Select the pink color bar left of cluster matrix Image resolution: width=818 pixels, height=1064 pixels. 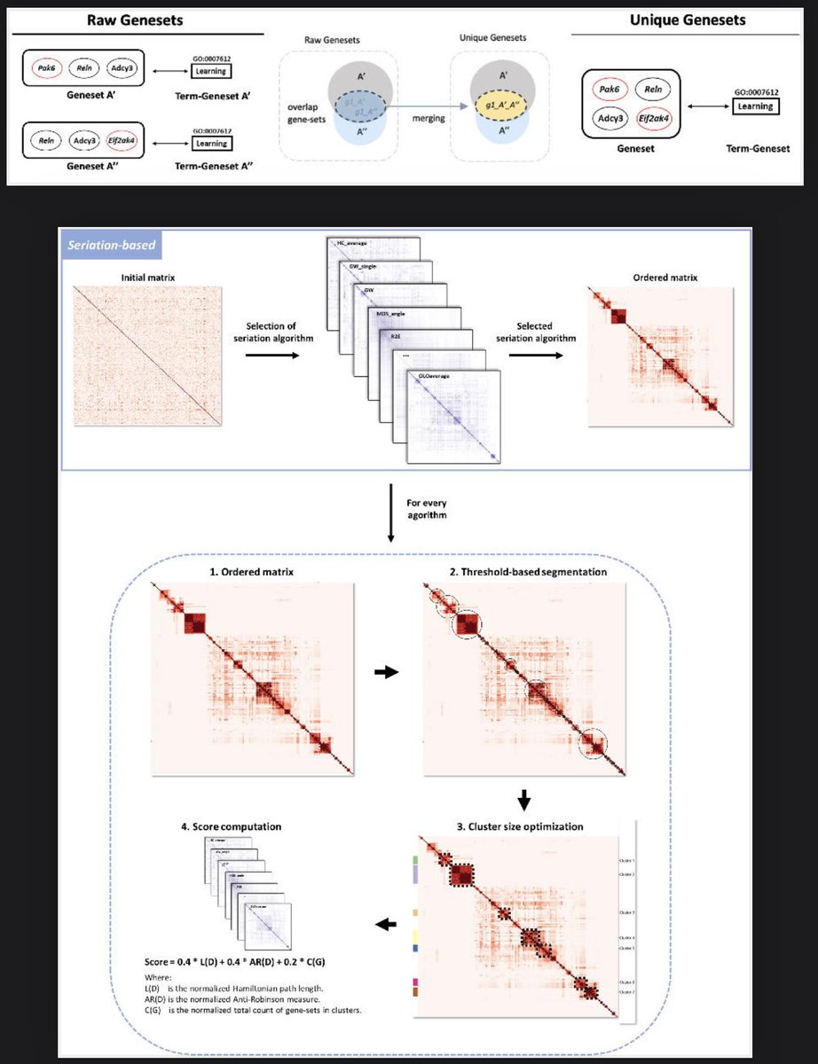click(x=415, y=983)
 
